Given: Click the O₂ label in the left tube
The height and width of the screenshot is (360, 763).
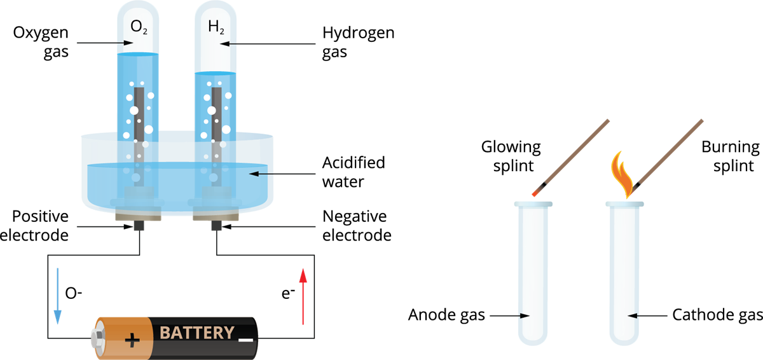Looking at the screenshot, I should [139, 27].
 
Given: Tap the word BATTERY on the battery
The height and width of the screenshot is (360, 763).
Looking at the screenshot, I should [196, 333].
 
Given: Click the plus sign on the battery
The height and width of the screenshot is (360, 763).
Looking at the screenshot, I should [132, 340].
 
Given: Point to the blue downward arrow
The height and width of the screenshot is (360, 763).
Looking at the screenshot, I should [57, 296].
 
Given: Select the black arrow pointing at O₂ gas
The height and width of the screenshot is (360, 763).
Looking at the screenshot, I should [105, 44].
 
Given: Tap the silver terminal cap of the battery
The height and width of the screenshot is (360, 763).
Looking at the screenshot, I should [99, 336].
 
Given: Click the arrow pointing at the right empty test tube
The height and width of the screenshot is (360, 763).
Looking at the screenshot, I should [647, 315].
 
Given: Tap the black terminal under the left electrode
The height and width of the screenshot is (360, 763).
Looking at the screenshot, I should [138, 226].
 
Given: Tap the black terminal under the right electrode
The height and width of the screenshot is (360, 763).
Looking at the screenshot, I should [216, 226].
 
